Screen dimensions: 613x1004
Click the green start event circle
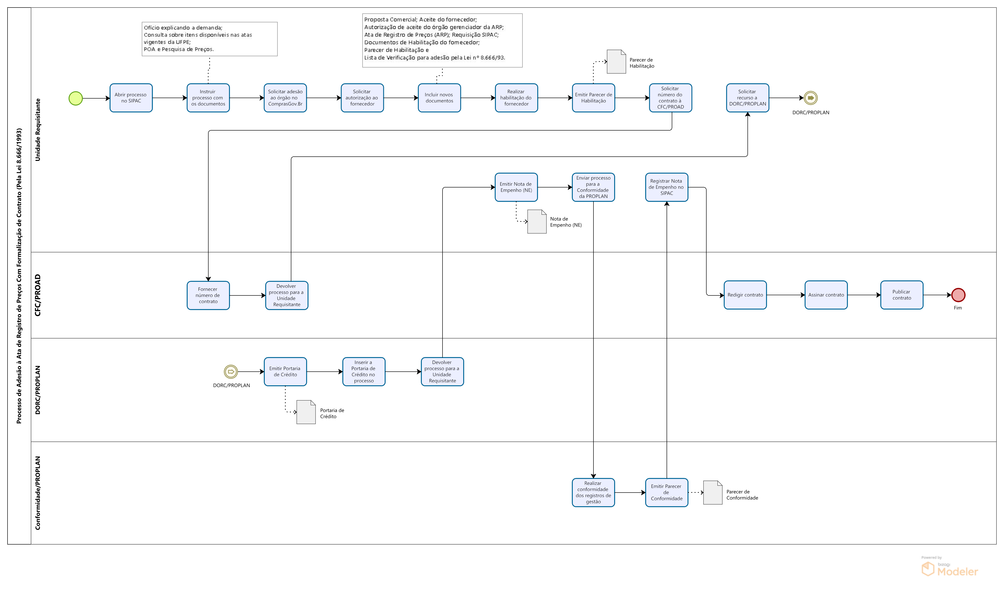(76, 98)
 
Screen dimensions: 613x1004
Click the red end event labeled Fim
(958, 295)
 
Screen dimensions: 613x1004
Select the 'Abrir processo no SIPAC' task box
(131, 98)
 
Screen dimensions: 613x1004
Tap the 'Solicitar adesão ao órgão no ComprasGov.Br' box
(285, 98)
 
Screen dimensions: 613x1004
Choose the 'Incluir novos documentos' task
(439, 98)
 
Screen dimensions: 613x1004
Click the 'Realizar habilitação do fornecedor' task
(516, 98)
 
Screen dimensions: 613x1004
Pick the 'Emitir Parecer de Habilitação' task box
(593, 98)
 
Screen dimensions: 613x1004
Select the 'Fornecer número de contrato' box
(208, 295)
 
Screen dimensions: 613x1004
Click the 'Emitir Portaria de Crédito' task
(285, 372)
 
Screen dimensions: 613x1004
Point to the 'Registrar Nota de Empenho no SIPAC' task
(667, 187)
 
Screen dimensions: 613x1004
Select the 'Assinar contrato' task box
(826, 295)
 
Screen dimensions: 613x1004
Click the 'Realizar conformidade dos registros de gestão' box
(593, 492)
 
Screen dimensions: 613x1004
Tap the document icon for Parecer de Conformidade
(713, 492)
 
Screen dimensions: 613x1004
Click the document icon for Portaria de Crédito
(306, 412)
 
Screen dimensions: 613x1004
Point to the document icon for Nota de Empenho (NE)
(537, 222)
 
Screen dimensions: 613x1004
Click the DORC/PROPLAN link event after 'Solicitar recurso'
(810, 98)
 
